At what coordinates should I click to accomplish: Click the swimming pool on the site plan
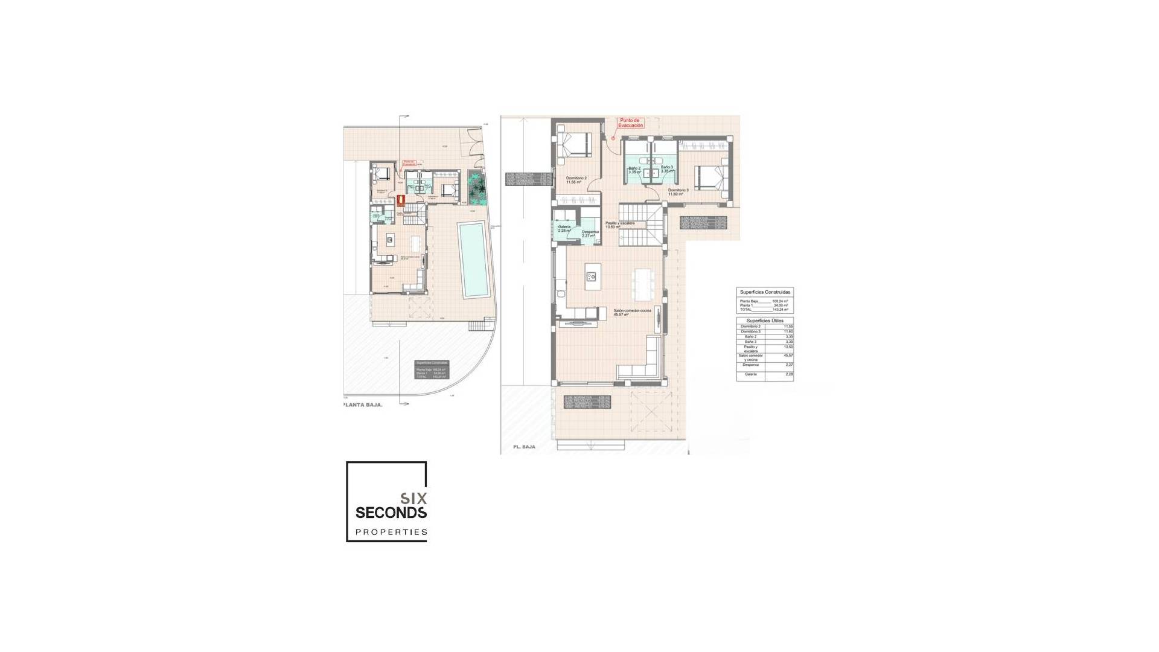(472, 260)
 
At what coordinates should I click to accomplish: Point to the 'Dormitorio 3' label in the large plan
(679, 192)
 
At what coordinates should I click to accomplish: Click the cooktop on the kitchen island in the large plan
(591, 276)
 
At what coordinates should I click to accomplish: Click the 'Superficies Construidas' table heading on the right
(765, 292)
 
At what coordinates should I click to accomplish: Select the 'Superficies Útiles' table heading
(765, 321)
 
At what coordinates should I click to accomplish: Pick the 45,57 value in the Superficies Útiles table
(788, 356)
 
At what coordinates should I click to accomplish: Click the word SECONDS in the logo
(391, 513)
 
